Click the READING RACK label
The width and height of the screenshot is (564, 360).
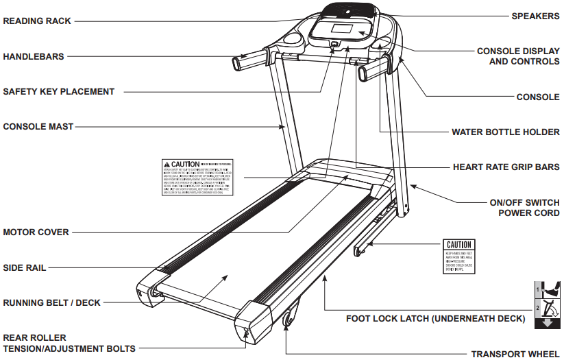(x=37, y=21)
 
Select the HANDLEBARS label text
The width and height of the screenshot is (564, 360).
(x=34, y=57)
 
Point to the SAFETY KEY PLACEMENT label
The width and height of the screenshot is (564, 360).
(x=59, y=91)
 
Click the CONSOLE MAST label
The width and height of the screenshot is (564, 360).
(x=38, y=126)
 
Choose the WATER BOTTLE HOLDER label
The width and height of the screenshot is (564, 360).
(x=505, y=132)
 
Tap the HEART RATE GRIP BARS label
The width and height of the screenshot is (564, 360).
(x=506, y=167)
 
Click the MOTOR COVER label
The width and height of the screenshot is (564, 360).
(x=36, y=232)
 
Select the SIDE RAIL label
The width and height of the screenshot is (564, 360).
(x=25, y=267)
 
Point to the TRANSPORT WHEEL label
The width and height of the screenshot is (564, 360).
(x=515, y=354)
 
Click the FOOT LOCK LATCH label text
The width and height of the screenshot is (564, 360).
(x=435, y=318)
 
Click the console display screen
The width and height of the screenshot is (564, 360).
(x=340, y=31)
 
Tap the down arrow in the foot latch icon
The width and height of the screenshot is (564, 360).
(x=547, y=322)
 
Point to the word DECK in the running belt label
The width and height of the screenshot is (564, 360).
(x=90, y=302)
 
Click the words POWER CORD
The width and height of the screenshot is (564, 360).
(x=529, y=213)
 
